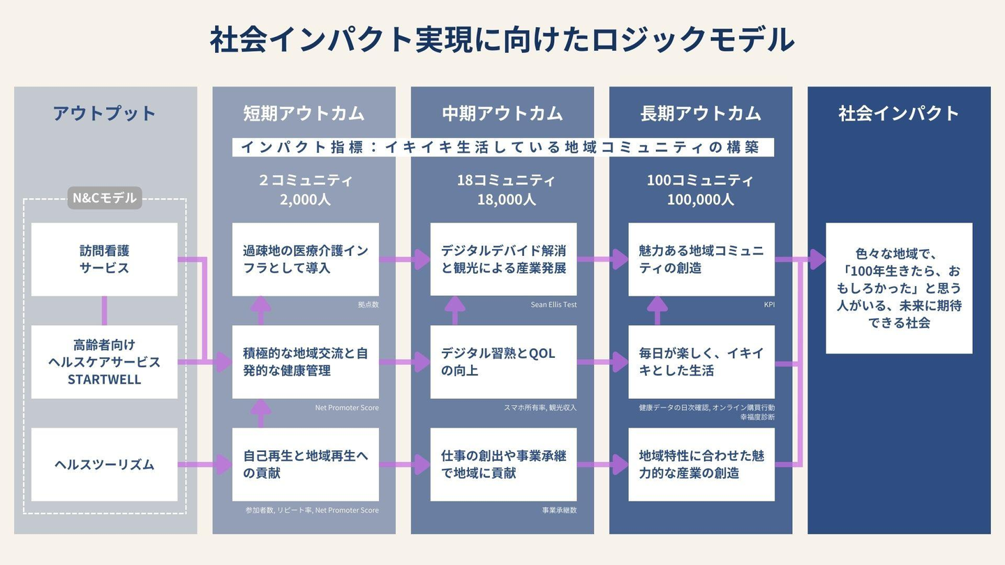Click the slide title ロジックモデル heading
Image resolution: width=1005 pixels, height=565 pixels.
pos(502,40)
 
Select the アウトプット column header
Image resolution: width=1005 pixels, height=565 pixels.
pos(105,114)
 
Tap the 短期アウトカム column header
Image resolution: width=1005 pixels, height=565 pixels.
pos(304,114)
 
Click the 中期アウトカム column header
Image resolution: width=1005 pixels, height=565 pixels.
pos(502,114)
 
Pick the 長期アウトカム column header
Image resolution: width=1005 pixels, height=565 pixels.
pos(701,114)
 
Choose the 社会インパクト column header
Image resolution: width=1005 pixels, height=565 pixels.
pos(899,114)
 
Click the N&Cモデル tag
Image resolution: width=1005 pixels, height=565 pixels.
pos(105,199)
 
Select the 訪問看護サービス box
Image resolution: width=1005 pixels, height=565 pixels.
pos(105,259)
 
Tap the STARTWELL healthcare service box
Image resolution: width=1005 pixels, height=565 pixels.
pos(105,362)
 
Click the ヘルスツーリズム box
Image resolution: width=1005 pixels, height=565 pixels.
pos(105,465)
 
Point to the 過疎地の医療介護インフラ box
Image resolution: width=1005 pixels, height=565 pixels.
pos(306,259)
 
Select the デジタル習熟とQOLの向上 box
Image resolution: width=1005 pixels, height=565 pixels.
pos(503,362)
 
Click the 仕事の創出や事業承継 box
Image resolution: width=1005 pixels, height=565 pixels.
pos(503,465)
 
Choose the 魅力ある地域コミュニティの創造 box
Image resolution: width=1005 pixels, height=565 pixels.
pos(701,259)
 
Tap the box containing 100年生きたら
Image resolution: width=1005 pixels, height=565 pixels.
pos(899,288)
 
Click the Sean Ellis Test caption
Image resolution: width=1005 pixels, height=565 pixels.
pos(553,305)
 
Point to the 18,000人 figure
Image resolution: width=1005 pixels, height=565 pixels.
pos(502,199)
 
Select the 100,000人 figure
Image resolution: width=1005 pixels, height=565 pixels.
pos(701,199)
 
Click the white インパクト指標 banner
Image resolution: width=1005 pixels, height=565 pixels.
pos(502,147)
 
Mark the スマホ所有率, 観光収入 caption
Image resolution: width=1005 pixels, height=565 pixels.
pos(540,407)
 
